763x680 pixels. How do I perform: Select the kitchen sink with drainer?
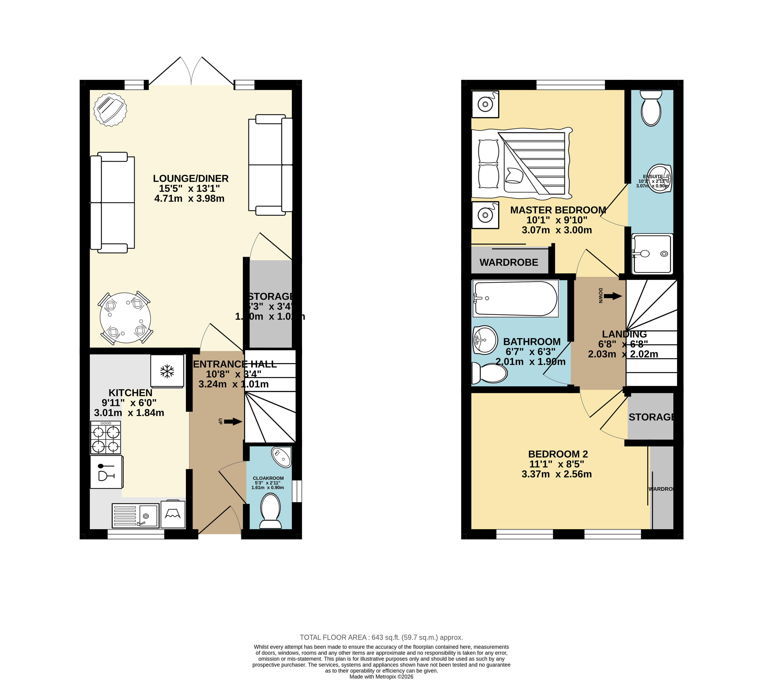click(136, 516)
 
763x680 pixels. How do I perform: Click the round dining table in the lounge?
click(125, 318)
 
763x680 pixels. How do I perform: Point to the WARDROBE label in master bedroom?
click(509, 262)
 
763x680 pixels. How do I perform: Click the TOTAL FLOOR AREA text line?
click(381, 637)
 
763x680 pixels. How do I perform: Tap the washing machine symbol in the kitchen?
click(173, 515)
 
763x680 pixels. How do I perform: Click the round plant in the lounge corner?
click(110, 109)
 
